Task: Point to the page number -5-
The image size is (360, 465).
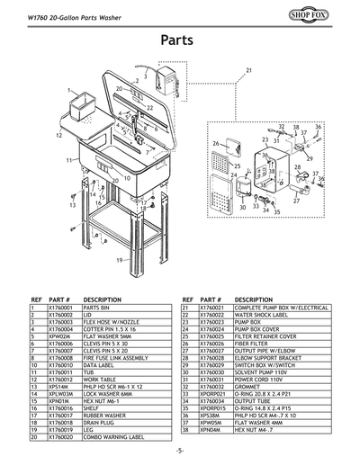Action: pyautogui.click(x=180, y=449)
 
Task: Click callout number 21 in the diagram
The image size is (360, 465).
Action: pyautogui.click(x=248, y=70)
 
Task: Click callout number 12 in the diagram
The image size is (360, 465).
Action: pyautogui.click(x=58, y=135)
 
